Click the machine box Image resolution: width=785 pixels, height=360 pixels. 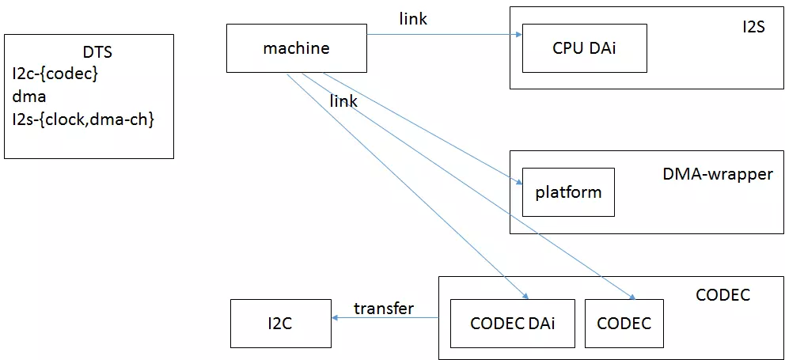pyautogui.click(x=296, y=48)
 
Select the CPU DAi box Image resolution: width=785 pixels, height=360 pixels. pyautogui.click(x=584, y=48)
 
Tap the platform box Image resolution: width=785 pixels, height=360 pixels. pyautogui.click(x=568, y=192)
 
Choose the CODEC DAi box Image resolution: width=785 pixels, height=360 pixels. pyautogui.click(x=512, y=323)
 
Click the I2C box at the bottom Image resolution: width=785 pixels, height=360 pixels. pyautogui.click(x=280, y=323)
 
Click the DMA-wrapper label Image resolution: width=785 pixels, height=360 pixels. pyautogui.click(x=717, y=174)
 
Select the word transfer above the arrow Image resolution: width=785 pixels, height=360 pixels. pyautogui.click(x=383, y=309)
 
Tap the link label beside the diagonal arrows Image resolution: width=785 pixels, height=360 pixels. pyautogui.click(x=343, y=101)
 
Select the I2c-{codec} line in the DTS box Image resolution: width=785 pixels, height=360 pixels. pyautogui.click(x=55, y=74)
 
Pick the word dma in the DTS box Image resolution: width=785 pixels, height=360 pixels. pyautogui.click(x=29, y=97)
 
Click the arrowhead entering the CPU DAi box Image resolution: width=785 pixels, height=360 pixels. pyautogui.click(x=518, y=35)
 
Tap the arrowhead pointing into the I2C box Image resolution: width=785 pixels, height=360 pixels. pyautogui.click(x=336, y=318)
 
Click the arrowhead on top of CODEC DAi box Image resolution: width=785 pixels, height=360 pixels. pyautogui.click(x=525, y=297)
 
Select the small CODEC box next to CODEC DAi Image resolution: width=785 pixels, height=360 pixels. pyautogui.click(x=624, y=323)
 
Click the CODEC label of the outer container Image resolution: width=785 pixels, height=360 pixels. pyautogui.click(x=722, y=295)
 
